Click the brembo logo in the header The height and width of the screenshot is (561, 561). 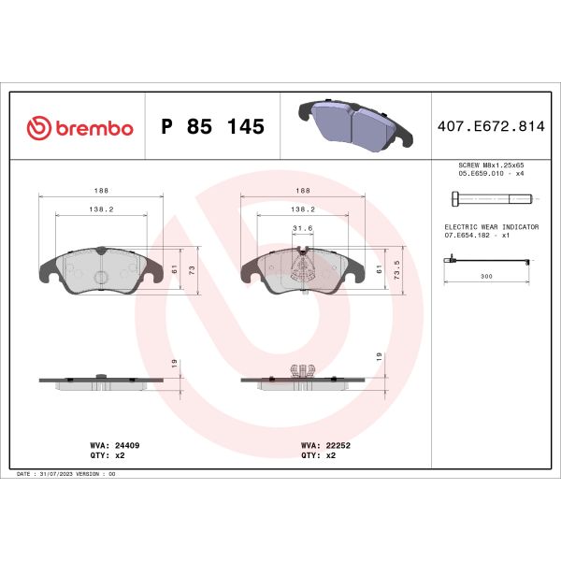click(x=79, y=127)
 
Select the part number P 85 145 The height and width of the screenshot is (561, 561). click(x=212, y=127)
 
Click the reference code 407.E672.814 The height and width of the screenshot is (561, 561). click(x=489, y=127)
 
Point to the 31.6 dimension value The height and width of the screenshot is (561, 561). click(x=302, y=227)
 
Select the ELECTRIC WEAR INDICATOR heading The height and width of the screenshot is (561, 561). click(x=490, y=227)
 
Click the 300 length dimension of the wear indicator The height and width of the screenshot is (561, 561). click(x=486, y=278)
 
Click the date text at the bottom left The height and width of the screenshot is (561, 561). click(x=66, y=474)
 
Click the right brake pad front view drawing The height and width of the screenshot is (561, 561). click(x=301, y=269)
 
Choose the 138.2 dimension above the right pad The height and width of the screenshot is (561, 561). click(x=302, y=209)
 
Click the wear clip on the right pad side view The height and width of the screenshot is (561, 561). click(x=301, y=371)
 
